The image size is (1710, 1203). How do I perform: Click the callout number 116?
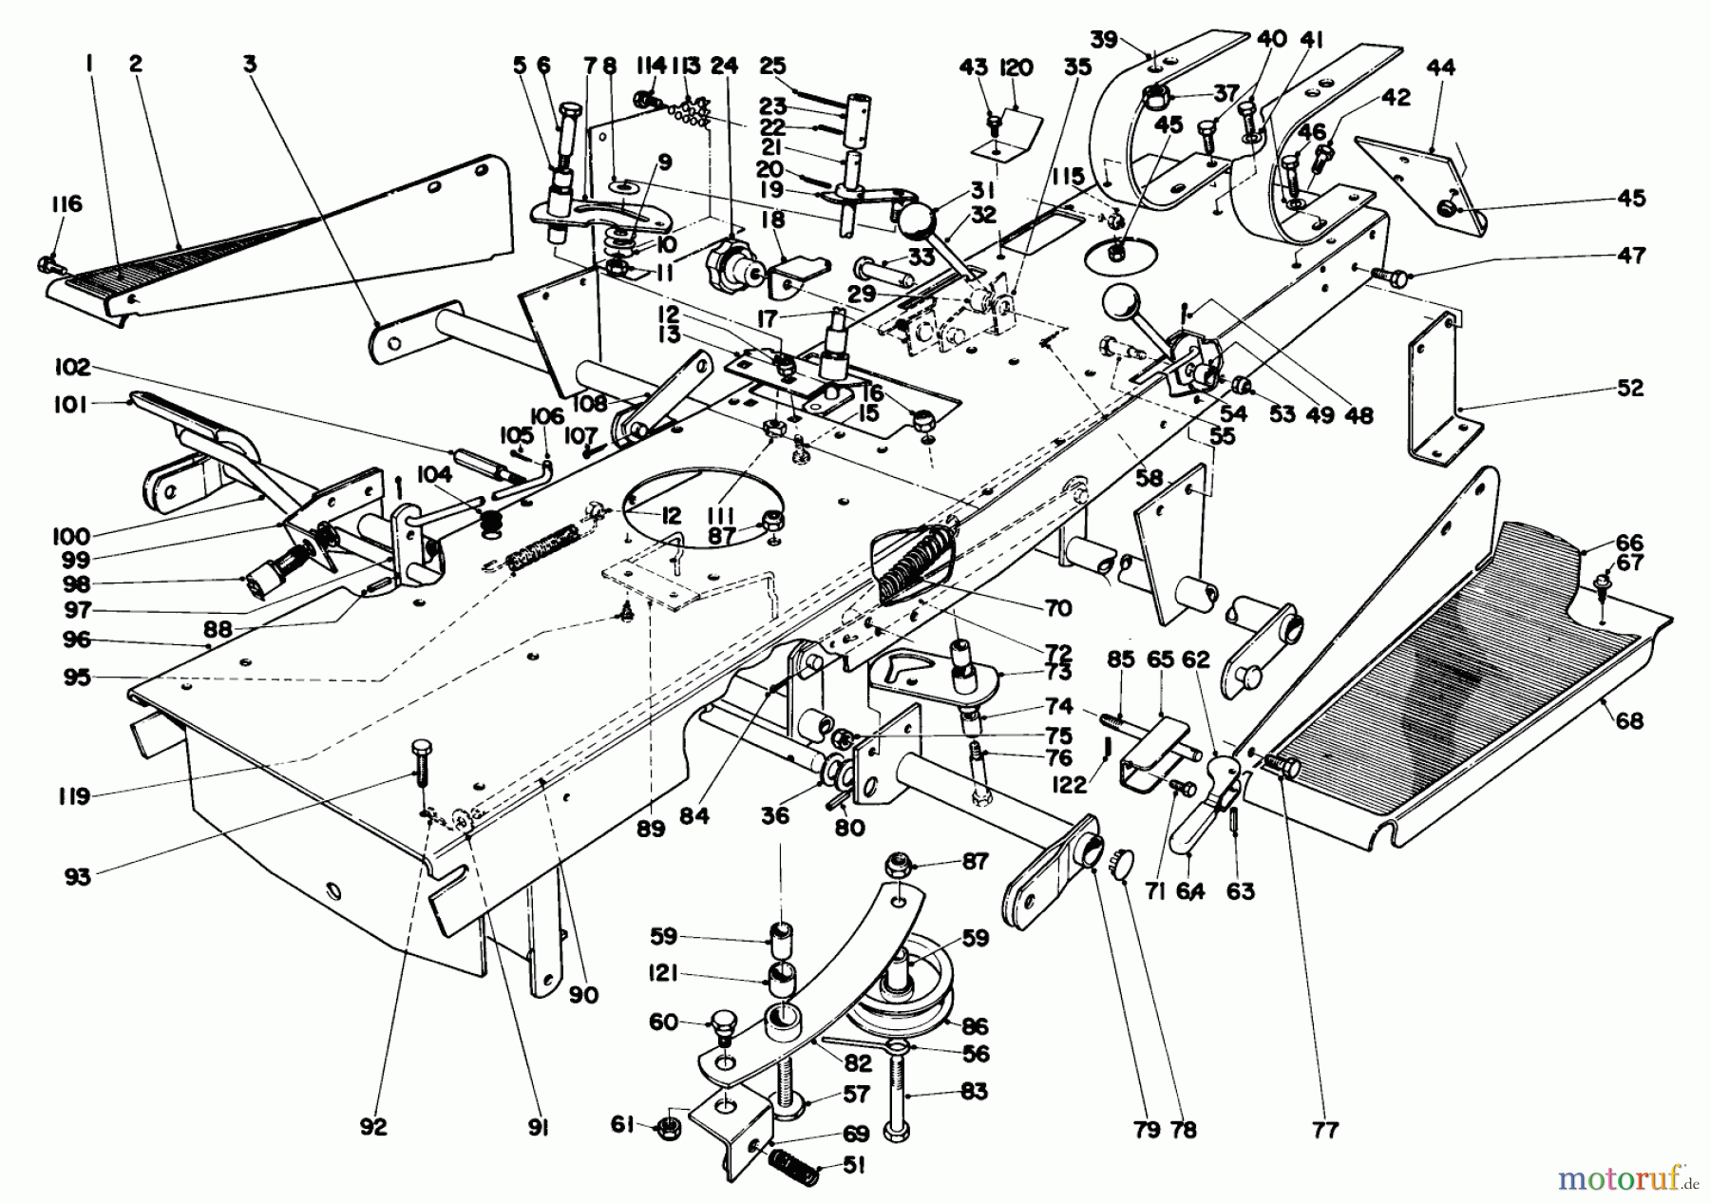coord(67,204)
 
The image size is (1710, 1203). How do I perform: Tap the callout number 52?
coord(1627,389)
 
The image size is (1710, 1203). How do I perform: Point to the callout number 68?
coord(1628,721)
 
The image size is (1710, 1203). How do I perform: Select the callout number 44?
coord(1440,67)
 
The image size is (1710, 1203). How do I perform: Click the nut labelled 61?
coord(668,1129)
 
